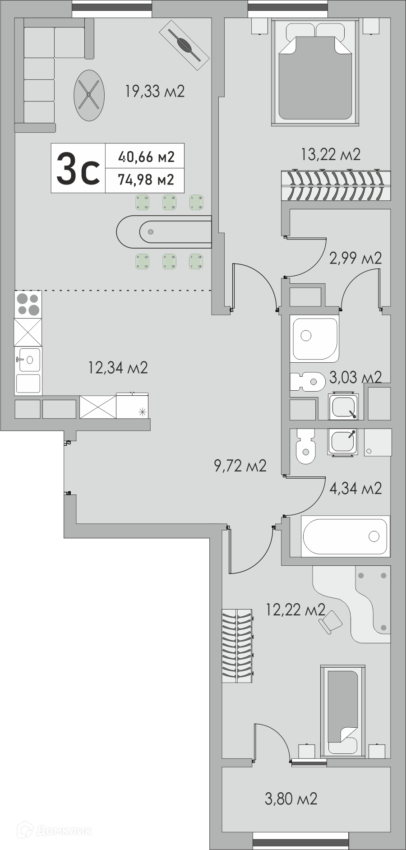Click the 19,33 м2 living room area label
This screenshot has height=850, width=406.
click(155, 92)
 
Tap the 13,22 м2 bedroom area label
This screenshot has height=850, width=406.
click(331, 155)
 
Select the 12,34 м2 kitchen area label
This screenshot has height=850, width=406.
click(118, 368)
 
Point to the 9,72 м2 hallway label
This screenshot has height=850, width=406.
click(240, 466)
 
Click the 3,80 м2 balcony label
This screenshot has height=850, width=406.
click(291, 799)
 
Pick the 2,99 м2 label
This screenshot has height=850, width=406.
click(356, 258)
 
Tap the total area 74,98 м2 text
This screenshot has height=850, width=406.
click(146, 180)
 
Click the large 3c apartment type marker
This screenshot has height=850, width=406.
click(78, 168)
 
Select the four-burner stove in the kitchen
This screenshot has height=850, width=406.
click(28, 305)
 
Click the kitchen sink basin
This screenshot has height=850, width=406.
click(28, 360)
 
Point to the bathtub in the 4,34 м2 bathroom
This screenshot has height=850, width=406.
click(345, 536)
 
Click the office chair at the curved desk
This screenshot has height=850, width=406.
click(330, 622)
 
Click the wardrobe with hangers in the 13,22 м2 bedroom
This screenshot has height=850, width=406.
click(336, 185)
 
